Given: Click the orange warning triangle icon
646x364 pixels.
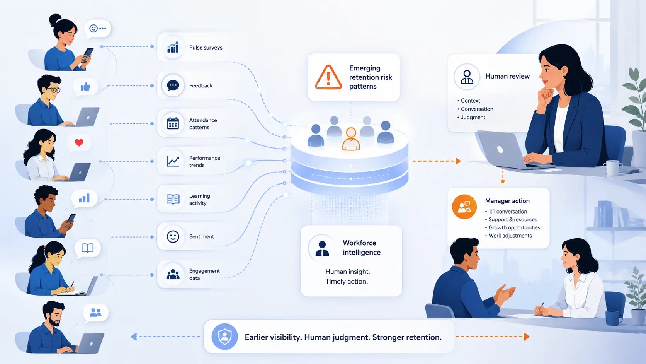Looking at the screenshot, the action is tap(328, 77).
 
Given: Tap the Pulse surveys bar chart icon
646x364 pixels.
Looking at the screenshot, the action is tap(173, 47).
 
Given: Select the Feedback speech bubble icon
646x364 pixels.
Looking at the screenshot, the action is tap(173, 85).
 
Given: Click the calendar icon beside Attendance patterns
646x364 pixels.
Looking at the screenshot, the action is tap(173, 123).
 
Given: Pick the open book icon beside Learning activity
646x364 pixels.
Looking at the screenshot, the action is tap(173, 199).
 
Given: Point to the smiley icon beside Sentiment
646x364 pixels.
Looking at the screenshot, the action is tap(173, 236).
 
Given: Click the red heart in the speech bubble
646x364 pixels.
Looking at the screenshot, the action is tap(79, 142).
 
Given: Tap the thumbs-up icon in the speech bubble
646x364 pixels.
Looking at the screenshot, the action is tap(85, 86).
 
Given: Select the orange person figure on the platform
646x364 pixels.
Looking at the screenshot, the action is tap(351, 139).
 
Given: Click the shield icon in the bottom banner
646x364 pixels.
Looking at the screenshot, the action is tap(224, 337).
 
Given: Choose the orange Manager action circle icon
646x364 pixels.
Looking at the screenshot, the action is tap(464, 207).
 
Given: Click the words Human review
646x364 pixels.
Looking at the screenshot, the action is tap(507, 76).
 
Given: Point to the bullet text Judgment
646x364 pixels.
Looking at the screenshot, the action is tap(473, 117).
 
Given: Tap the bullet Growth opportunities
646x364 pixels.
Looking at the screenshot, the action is tap(514, 227).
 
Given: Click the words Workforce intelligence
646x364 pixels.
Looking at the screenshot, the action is tap(362, 248).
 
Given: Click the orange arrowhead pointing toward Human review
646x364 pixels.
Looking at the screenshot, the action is tap(458, 161).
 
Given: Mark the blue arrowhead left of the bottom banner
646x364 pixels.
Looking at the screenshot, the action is tap(134, 337).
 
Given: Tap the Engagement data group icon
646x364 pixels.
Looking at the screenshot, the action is tap(173, 274).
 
